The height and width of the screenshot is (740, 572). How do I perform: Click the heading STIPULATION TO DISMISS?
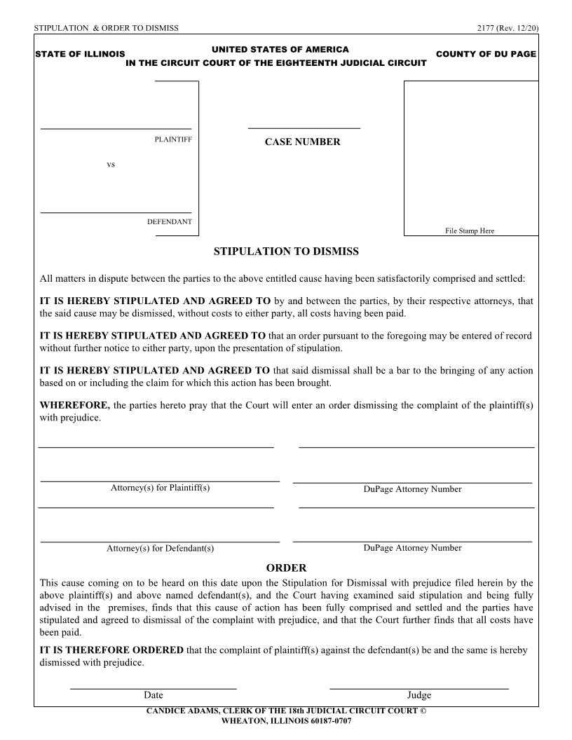(x=286, y=252)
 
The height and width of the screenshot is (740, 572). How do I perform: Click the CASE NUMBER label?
(x=302, y=142)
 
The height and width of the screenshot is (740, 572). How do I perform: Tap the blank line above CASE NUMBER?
(x=304, y=128)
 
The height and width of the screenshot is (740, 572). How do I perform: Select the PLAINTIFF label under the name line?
(x=173, y=139)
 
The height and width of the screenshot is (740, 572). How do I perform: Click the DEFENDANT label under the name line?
(x=169, y=222)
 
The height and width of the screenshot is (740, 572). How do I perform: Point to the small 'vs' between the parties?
(x=111, y=165)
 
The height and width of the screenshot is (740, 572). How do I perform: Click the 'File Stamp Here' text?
(x=470, y=231)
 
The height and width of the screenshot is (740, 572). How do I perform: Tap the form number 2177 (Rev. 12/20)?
(x=506, y=28)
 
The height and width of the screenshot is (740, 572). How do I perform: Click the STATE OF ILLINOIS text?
(x=80, y=54)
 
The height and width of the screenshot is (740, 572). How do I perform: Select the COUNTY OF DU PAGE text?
(x=486, y=54)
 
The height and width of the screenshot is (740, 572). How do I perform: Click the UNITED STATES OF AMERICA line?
(x=280, y=50)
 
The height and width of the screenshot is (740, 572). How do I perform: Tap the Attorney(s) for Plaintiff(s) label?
(x=160, y=488)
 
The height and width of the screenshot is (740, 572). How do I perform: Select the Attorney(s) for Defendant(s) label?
(x=160, y=549)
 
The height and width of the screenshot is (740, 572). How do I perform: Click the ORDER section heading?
(x=286, y=568)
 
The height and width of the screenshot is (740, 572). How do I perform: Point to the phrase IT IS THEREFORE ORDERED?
(x=111, y=650)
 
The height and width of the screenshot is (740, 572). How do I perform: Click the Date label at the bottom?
(x=153, y=695)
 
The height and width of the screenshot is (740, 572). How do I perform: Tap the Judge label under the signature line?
(x=418, y=695)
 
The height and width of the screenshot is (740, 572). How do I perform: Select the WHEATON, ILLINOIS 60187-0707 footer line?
(x=286, y=720)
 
